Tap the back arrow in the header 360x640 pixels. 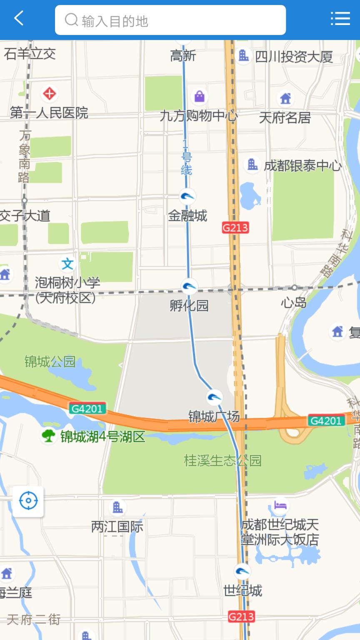click(x=19, y=19)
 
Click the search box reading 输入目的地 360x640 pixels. click(x=170, y=20)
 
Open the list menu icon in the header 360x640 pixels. click(x=340, y=19)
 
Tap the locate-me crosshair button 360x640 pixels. click(x=28, y=501)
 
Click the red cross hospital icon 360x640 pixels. click(x=49, y=94)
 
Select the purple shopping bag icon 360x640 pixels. click(x=200, y=97)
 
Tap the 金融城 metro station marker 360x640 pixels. click(x=188, y=196)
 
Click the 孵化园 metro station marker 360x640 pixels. click(x=189, y=286)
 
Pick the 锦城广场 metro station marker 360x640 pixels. click(x=215, y=397)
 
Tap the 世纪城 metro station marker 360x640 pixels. click(x=242, y=571)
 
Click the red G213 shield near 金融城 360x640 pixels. click(x=235, y=227)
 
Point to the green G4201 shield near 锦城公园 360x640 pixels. click(x=87, y=409)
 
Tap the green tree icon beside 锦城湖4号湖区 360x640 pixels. click(x=48, y=436)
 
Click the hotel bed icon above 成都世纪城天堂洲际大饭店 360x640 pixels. click(x=280, y=506)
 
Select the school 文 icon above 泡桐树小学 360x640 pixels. click(x=67, y=264)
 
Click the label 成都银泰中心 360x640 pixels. click(x=302, y=166)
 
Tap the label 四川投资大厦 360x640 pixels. click(x=294, y=57)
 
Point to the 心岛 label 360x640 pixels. click(x=294, y=302)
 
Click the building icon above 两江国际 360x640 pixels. click(x=117, y=507)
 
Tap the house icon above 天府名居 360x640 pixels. click(x=285, y=99)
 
